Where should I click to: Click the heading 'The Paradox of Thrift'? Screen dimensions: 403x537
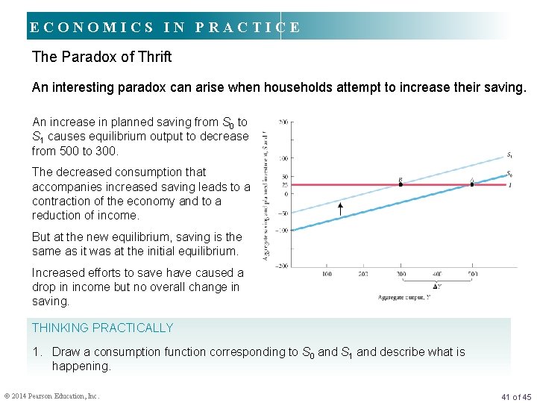click(x=101, y=57)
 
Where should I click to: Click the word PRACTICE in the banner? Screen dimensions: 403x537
click(x=248, y=28)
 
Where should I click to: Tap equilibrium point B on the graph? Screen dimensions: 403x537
click(x=401, y=184)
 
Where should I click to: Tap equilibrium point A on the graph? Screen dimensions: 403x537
click(x=472, y=184)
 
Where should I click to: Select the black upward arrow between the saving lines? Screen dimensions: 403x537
click(x=340, y=209)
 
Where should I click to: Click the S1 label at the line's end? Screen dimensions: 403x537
click(x=509, y=155)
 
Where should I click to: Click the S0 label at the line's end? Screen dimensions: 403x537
click(x=509, y=174)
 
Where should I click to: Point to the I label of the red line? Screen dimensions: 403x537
click(x=509, y=184)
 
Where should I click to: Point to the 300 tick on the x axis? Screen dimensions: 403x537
click(x=401, y=274)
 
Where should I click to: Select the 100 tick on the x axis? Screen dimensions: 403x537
click(x=327, y=274)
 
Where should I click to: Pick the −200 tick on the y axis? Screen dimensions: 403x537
click(x=283, y=265)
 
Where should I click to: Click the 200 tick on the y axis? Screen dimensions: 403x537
click(x=284, y=122)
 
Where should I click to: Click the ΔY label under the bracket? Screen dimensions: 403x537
click(x=436, y=287)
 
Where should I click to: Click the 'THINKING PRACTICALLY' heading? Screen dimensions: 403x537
click(x=102, y=328)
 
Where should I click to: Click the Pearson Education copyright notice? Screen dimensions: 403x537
click(x=51, y=396)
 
